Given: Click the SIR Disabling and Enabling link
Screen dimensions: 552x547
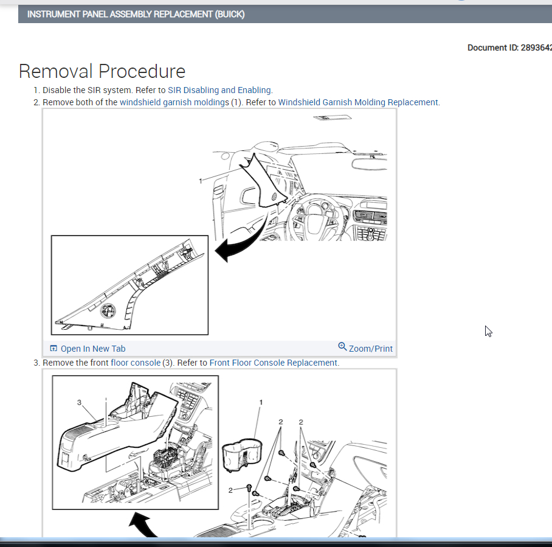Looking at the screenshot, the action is pos(219,90).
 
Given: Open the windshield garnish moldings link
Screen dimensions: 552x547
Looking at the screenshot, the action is pos(174,102).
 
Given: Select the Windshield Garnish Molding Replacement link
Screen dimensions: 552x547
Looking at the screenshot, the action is pos(358,102).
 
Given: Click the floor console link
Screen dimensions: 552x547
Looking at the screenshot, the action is pos(136,363).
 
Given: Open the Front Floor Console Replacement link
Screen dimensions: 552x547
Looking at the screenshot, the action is pos(274,363).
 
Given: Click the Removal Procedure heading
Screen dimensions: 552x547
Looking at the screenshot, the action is pos(102,71).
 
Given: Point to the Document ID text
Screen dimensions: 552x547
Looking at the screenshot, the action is pos(509,47).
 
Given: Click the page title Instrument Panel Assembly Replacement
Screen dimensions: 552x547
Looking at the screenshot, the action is pos(136,15).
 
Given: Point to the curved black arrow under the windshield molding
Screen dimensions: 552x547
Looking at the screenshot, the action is pos(243,240).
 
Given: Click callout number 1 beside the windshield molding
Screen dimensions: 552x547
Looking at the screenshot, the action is pos(200,181).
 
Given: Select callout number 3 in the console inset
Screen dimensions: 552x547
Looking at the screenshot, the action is pos(79,402).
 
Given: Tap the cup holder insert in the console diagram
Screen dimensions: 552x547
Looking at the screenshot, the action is pos(243,455).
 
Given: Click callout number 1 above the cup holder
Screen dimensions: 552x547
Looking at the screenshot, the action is pos(261,402).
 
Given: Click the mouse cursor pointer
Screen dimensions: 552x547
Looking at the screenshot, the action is pos(488,331).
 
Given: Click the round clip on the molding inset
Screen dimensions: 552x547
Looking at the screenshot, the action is pos(108,310).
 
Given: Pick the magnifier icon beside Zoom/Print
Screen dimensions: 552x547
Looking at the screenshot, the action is pos(342,346).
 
